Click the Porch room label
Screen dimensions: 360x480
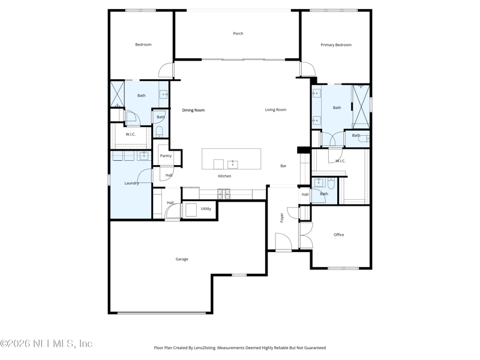[238, 34]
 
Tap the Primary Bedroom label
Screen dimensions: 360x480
[335, 45]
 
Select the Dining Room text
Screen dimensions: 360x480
[193, 110]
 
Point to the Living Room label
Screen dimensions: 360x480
[275, 110]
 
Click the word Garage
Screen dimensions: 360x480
[182, 259]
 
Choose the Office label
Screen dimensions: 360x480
[339, 235]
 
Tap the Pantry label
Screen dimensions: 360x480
[166, 156]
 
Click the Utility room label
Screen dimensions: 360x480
[206, 209]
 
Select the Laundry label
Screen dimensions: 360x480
[131, 183]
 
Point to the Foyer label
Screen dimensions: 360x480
[282, 217]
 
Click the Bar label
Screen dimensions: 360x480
[283, 166]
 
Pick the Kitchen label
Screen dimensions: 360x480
[224, 176]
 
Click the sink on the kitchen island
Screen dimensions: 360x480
[233, 164]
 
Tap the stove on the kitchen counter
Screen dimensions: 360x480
[223, 194]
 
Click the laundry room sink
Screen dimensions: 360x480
[143, 156]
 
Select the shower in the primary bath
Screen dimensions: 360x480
[360, 106]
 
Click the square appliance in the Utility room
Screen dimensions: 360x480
[191, 209]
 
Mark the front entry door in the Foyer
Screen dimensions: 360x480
[283, 243]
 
